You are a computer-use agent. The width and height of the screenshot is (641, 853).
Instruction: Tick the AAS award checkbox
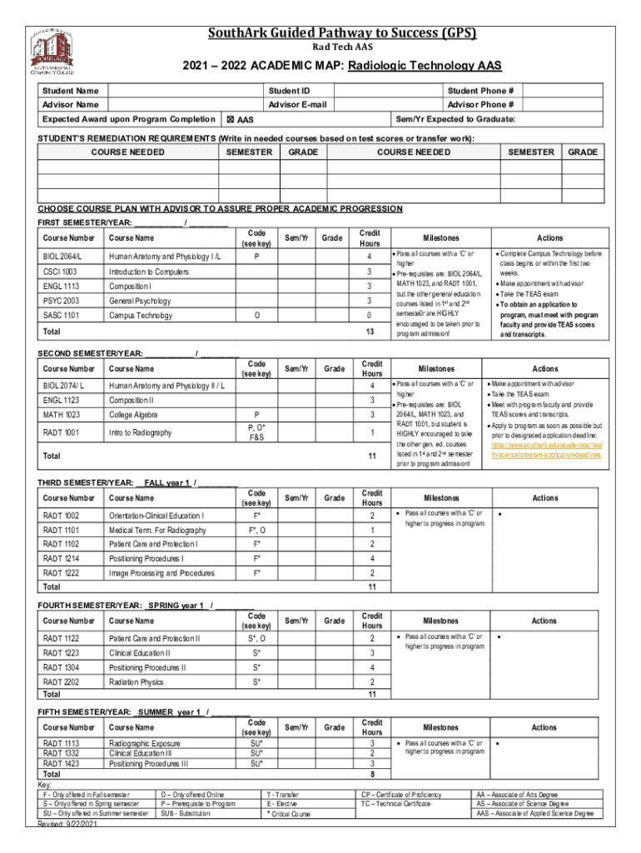click(x=231, y=120)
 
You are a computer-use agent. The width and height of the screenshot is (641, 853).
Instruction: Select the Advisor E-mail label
click(x=297, y=104)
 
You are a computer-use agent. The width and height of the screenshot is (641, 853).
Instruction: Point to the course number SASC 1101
click(x=63, y=315)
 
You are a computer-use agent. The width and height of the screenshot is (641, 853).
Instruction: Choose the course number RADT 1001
click(x=62, y=432)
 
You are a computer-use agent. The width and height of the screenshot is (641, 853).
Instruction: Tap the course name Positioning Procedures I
click(x=147, y=558)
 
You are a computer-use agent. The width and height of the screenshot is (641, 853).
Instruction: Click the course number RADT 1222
click(x=62, y=573)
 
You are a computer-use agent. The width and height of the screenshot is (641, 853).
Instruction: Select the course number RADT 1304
click(x=62, y=667)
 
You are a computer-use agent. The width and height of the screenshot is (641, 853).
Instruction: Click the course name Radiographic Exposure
click(x=145, y=742)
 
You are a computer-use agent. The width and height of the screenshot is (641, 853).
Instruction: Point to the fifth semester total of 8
click(x=372, y=773)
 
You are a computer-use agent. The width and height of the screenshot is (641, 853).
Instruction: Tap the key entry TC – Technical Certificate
click(x=395, y=803)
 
